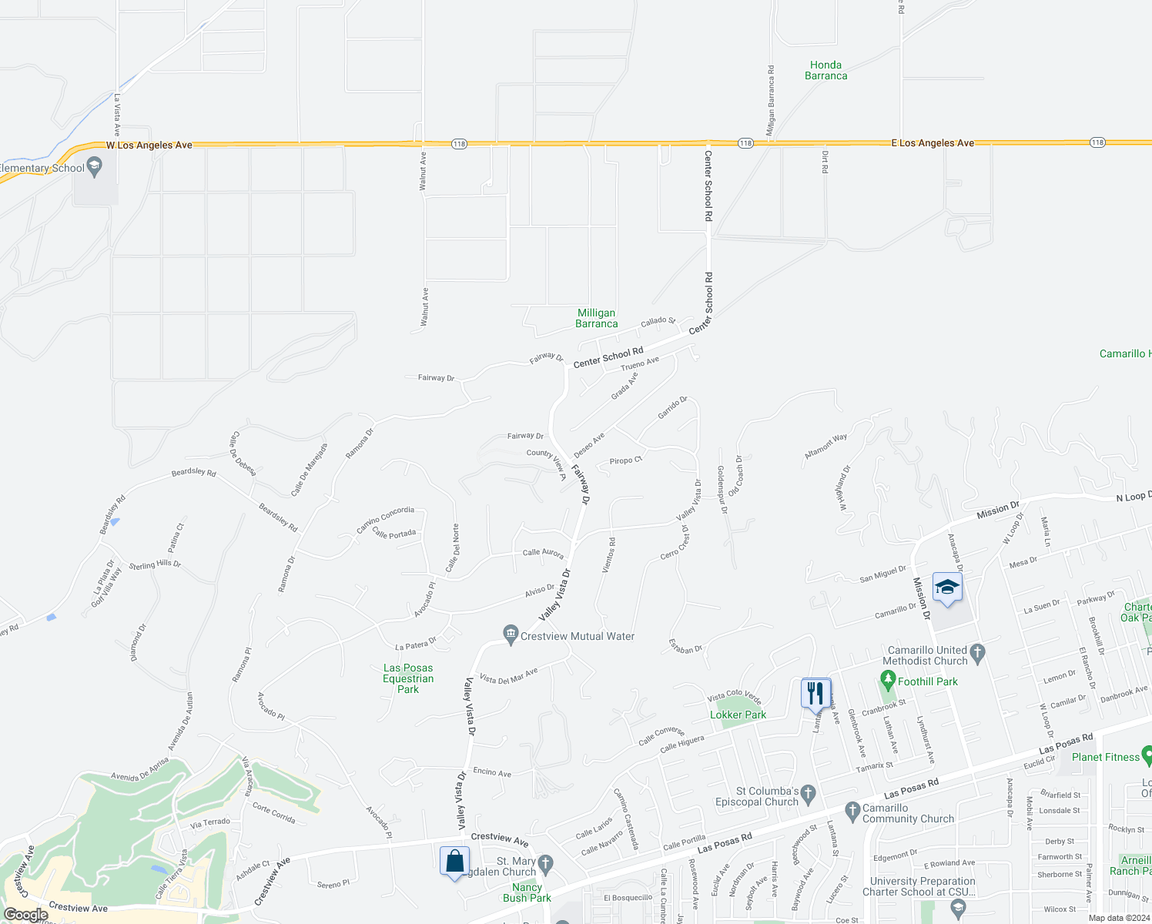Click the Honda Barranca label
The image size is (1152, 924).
pyautogui.click(x=825, y=70)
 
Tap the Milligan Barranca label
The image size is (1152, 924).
pyautogui.click(x=596, y=318)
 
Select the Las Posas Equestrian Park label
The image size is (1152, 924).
pyautogui.click(x=408, y=678)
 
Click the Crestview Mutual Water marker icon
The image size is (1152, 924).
pyautogui.click(x=510, y=635)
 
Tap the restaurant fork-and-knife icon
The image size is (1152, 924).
pyautogui.click(x=815, y=693)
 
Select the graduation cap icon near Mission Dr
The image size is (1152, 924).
pyautogui.click(x=946, y=588)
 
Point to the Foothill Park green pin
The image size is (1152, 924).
pyautogui.click(x=888, y=681)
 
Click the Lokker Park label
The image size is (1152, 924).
pyautogui.click(x=738, y=715)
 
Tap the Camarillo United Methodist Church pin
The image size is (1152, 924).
pyautogui.click(x=977, y=654)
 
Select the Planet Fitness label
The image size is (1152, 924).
pyautogui.click(x=1105, y=757)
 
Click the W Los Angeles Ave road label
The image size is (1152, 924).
pyautogui.click(x=149, y=145)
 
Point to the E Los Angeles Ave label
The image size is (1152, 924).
pyautogui.click(x=932, y=143)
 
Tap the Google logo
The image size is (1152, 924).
pyautogui.click(x=25, y=915)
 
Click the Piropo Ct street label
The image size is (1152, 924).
pyautogui.click(x=625, y=460)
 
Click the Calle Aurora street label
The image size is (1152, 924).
pyautogui.click(x=543, y=553)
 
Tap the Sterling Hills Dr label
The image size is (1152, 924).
pyautogui.click(x=155, y=565)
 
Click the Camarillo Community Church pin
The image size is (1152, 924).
pyautogui.click(x=852, y=810)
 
